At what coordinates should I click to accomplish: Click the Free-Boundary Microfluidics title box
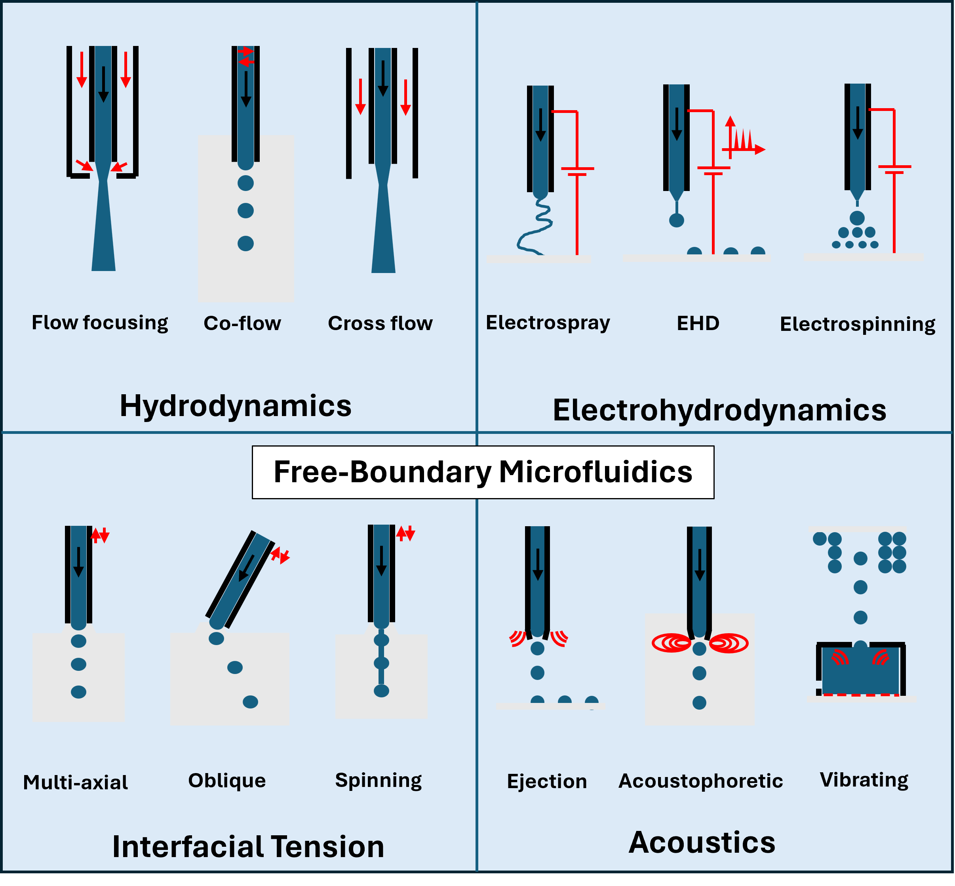pos(483,472)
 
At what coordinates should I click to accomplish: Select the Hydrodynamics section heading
pos(235,406)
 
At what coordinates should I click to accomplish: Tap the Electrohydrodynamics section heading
pos(719,411)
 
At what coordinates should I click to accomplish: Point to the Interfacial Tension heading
pos(248,846)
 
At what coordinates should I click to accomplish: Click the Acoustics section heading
pos(702,842)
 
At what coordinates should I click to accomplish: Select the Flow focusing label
pos(100,323)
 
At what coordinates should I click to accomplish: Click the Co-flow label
pos(242,323)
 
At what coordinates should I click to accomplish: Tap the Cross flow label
pos(380,323)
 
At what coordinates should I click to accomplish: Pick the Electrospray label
pos(548,323)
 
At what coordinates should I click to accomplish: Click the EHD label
pos(698,323)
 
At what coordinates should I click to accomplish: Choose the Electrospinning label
pos(857,324)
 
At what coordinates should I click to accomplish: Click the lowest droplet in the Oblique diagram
pos(250,702)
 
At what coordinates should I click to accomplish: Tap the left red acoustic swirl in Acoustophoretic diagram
pos(672,643)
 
